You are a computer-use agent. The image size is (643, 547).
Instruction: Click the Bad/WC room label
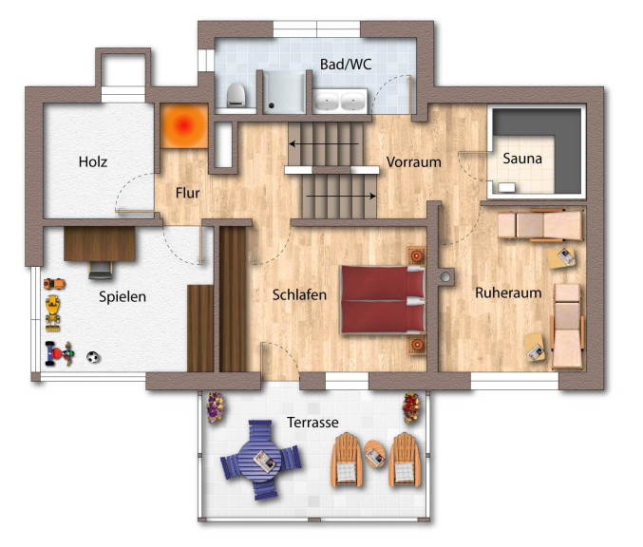346,65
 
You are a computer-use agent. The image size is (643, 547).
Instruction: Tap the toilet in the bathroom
236,95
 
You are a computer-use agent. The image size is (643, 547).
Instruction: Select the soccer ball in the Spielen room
93,357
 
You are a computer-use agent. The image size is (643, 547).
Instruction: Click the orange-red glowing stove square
183,125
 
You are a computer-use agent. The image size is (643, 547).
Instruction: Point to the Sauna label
522,159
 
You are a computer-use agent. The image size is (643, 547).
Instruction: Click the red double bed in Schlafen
383,299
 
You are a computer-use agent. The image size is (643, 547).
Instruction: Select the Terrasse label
312,422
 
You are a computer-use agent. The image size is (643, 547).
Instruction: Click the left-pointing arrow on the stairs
324,144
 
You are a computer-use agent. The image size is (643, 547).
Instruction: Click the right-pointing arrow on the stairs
341,196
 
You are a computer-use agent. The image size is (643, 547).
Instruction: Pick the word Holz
93,161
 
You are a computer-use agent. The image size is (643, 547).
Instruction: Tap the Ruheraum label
508,292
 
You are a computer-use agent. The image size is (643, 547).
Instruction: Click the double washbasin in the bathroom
340,101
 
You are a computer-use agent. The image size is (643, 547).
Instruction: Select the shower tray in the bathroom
284,93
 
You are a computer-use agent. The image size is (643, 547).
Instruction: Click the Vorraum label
414,162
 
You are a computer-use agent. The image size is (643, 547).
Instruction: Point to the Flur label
187,193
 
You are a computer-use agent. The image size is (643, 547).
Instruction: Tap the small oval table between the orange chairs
375,454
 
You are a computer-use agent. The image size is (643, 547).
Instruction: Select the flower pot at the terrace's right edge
411,407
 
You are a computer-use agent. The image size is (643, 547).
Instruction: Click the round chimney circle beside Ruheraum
444,277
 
